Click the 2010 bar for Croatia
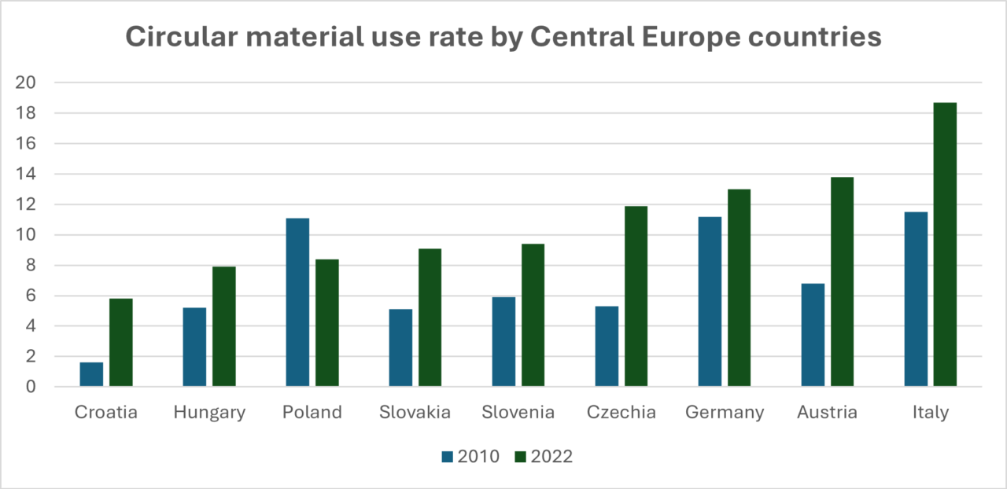(91, 374)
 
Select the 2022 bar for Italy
(945, 244)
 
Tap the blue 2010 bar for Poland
(297, 302)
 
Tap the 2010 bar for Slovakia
(400, 347)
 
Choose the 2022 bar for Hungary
(224, 326)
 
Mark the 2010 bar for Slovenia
(503, 341)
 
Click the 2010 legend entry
(470, 457)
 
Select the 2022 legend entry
(544, 457)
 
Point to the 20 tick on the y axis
(31, 83)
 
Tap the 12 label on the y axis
(31, 204)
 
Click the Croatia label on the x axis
(106, 413)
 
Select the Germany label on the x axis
(725, 413)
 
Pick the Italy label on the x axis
(931, 413)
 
